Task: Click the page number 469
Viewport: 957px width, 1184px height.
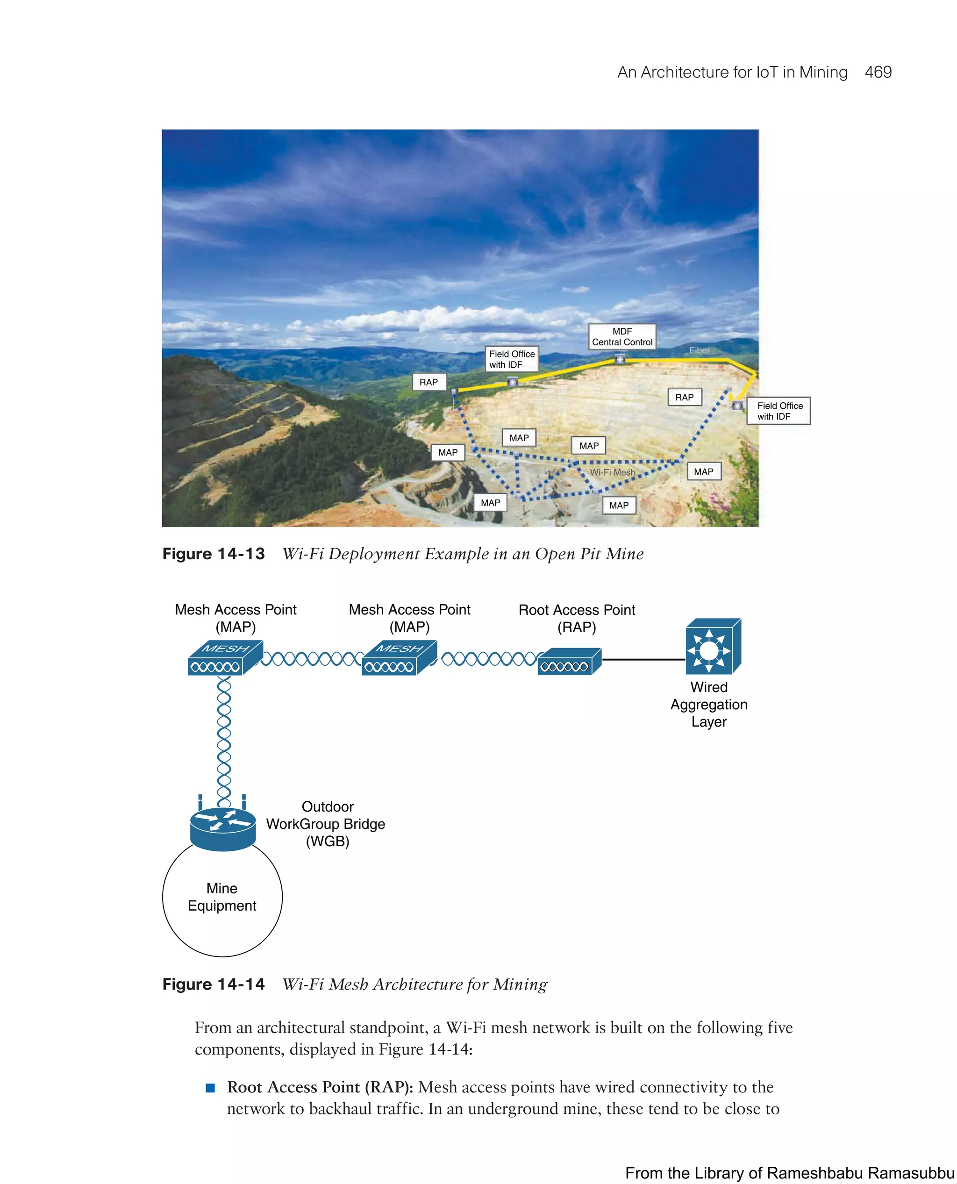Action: click(x=878, y=72)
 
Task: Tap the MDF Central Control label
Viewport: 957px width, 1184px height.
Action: click(x=622, y=337)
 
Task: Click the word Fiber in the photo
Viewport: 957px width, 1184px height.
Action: click(x=699, y=350)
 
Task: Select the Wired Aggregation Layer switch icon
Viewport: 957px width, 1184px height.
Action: click(x=712, y=647)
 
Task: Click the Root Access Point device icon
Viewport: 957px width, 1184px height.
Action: click(x=568, y=662)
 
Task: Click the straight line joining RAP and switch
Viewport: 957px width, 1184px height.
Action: click(x=643, y=660)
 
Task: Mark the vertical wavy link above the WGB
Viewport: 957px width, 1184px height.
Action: click(x=224, y=742)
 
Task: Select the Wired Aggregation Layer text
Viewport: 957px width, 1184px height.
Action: click(x=709, y=705)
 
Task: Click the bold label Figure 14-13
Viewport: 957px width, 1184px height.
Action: click(x=214, y=554)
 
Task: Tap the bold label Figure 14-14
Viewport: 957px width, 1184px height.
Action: click(x=214, y=984)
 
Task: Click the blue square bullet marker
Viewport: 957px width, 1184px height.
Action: click(x=210, y=1088)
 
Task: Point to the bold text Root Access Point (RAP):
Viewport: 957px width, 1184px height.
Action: click(x=320, y=1088)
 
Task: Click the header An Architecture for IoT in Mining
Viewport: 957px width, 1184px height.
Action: click(x=732, y=72)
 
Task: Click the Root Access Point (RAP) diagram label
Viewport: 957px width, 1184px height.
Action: click(x=577, y=619)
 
